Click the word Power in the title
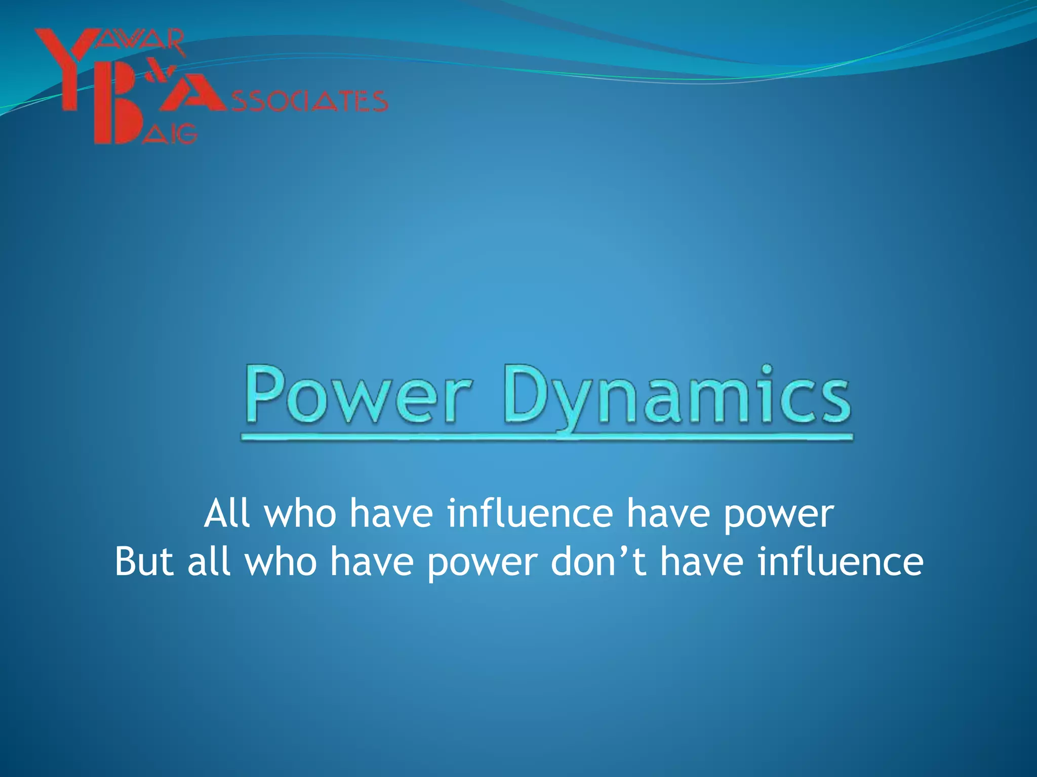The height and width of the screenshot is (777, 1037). point(358,396)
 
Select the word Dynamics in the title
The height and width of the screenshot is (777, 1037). point(677,396)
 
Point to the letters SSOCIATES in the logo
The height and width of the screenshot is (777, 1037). point(309,101)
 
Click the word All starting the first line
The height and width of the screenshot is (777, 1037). point(227,513)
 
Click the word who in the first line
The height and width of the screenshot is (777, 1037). point(301,513)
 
